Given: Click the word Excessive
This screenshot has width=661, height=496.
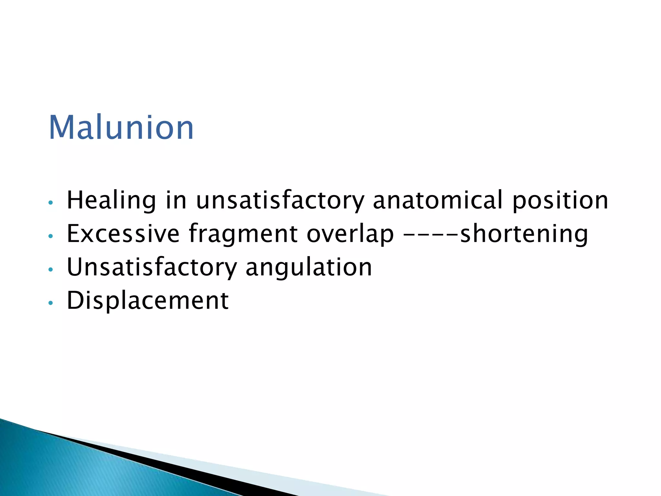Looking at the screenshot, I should click(123, 233).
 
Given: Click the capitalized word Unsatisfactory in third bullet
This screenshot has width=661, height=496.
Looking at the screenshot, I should click(151, 268).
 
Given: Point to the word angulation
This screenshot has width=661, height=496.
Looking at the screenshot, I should click(309, 268).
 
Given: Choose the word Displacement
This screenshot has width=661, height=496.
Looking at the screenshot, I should click(147, 301).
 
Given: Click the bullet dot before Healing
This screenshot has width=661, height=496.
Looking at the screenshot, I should click(50, 203).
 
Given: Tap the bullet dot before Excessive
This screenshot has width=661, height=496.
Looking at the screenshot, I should click(50, 236).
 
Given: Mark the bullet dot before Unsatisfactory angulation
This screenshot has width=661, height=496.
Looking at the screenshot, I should click(50, 269).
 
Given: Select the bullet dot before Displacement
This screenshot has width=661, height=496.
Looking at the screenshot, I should click(50, 303).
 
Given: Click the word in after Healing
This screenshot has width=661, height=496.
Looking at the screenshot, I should click(176, 200).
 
